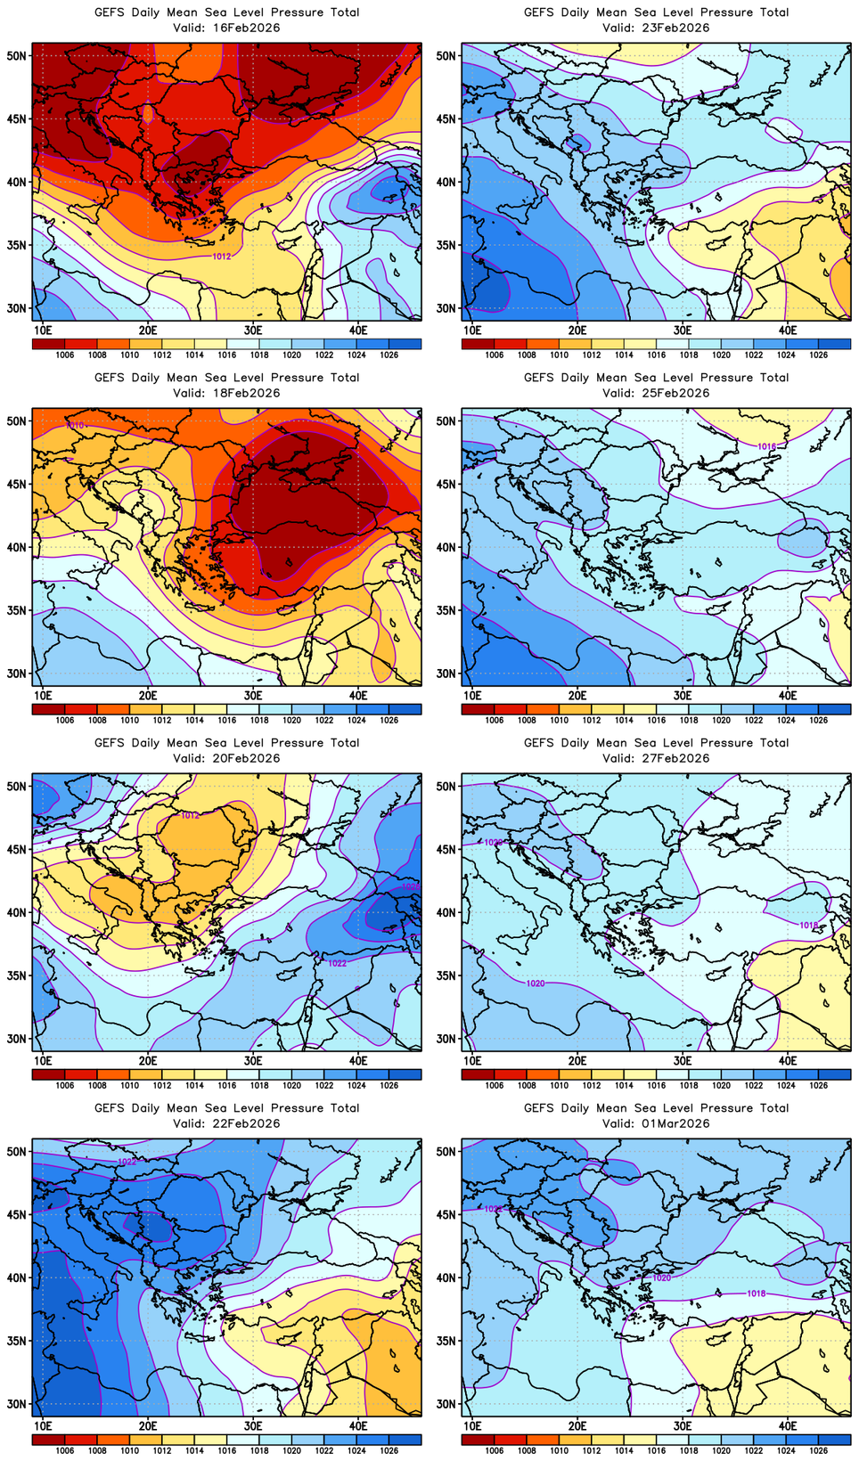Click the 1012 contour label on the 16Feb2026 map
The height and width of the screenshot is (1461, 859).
(222, 257)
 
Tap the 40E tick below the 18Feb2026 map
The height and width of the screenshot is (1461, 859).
(358, 696)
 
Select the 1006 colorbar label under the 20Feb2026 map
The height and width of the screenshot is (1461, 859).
(65, 1085)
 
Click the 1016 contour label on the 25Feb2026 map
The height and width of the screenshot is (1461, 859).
(766, 446)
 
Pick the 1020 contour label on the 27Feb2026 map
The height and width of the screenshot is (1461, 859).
(535, 984)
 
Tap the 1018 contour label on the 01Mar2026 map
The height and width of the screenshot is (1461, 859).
(756, 1294)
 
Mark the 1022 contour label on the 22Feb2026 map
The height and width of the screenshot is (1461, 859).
(127, 1162)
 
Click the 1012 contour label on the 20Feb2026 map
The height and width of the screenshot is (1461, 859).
(191, 816)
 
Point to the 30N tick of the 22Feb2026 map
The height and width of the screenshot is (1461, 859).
(17, 1404)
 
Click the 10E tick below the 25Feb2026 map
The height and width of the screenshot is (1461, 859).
(472, 696)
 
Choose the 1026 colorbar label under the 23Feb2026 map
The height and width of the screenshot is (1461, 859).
(818, 355)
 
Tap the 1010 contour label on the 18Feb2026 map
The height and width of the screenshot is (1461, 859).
(75, 426)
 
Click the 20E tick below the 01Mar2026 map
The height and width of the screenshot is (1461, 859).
(577, 1426)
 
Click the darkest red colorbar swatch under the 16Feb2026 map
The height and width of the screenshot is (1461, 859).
(48, 343)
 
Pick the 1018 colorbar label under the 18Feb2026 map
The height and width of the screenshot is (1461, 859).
(259, 720)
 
